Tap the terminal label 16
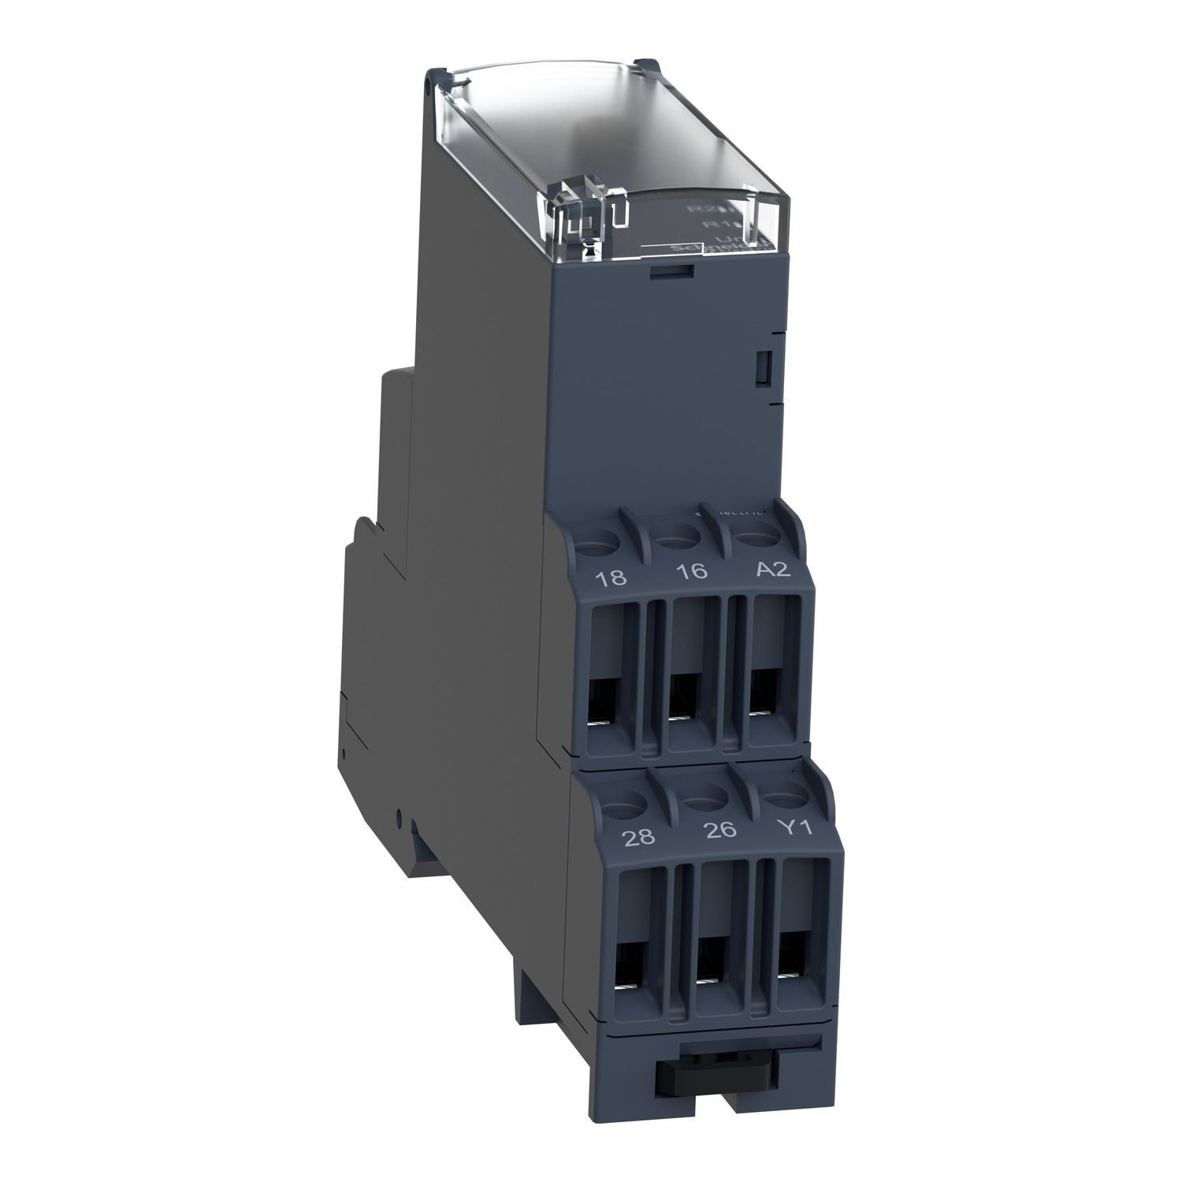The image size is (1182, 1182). (692, 571)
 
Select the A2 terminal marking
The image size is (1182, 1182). (772, 569)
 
